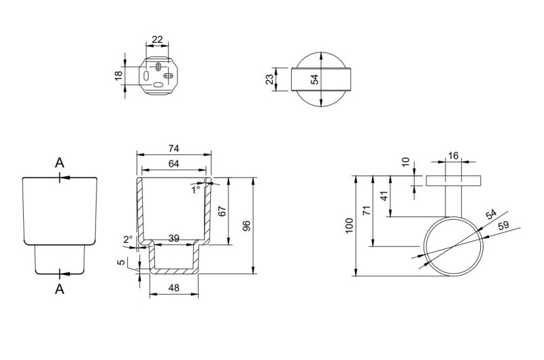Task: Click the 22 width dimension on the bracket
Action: (x=157, y=39)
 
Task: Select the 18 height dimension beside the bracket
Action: (x=118, y=76)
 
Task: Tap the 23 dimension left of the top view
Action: (x=270, y=79)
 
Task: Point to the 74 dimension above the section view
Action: (x=174, y=148)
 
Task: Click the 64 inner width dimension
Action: (x=174, y=163)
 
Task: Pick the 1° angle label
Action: (x=197, y=189)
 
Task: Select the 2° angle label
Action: (x=127, y=240)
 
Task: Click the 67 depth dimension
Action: (x=221, y=210)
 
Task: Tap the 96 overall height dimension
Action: (x=248, y=225)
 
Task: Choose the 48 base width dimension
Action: (x=173, y=287)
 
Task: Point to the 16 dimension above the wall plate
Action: (x=453, y=156)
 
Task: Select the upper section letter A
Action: (x=59, y=163)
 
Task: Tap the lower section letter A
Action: (x=59, y=289)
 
